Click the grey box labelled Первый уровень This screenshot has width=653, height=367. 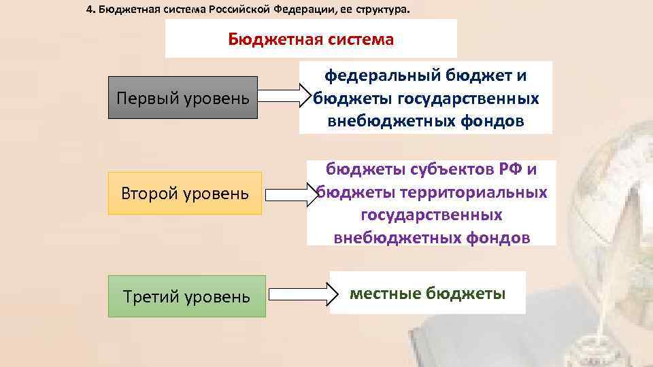183,98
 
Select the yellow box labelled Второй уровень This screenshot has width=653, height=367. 185,193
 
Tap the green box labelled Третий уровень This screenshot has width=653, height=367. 187,296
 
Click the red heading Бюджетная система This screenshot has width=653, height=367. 311,39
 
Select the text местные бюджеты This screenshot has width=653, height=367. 427,294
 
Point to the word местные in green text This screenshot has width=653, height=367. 385,294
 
